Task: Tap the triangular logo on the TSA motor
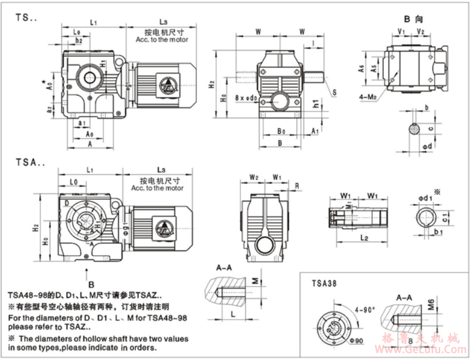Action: tap(159, 229)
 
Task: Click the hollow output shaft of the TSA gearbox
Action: tap(84, 223)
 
